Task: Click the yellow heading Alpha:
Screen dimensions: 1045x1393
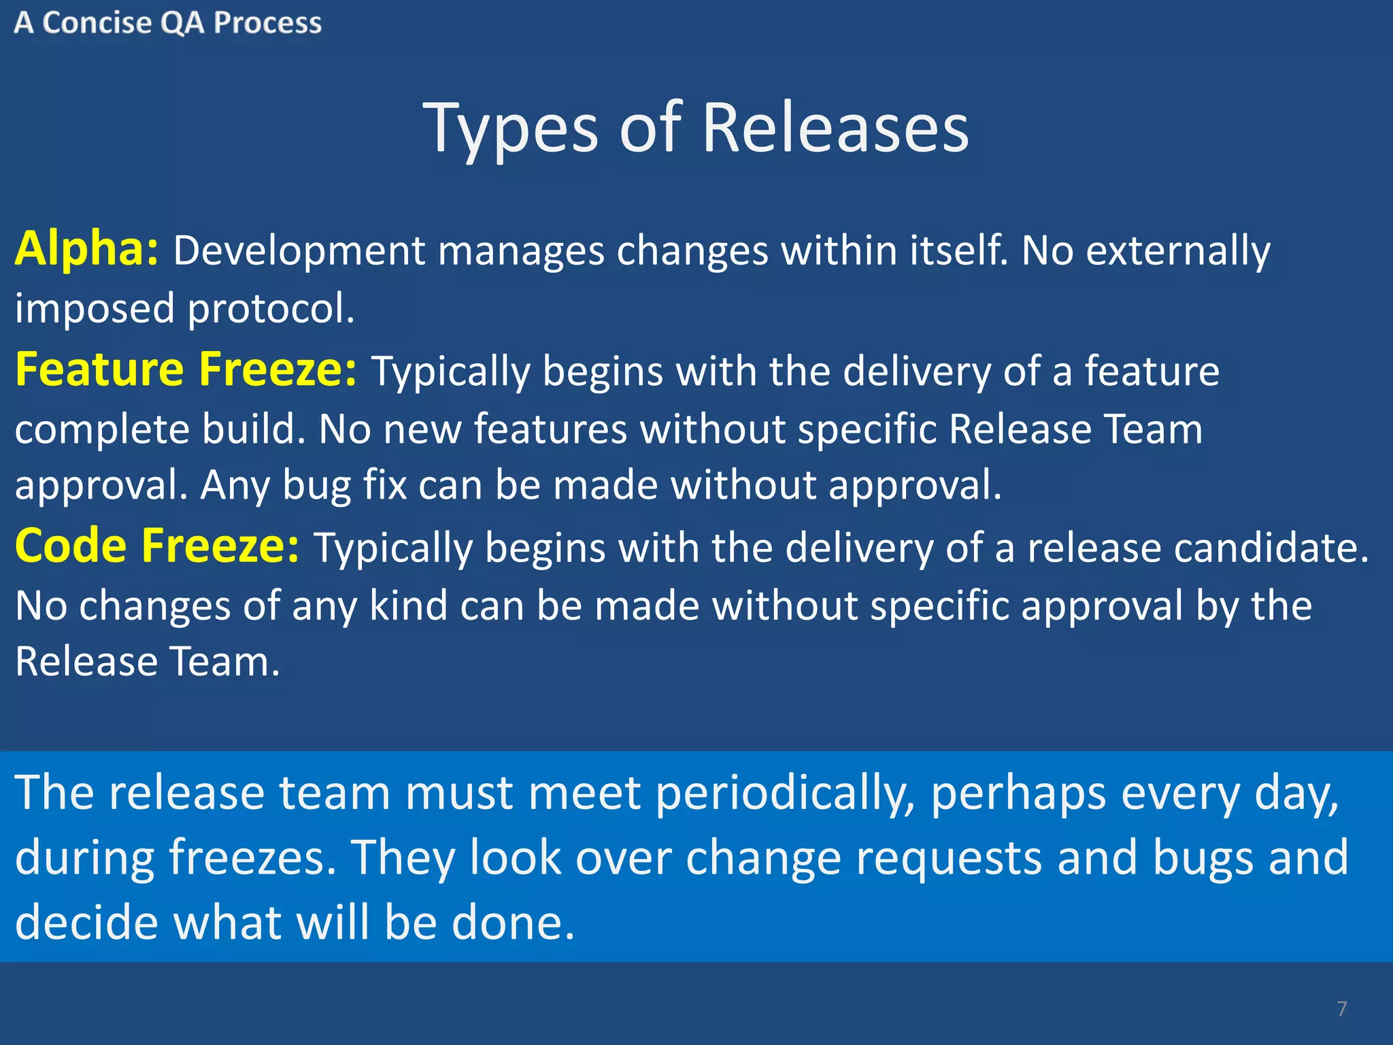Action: pos(86,249)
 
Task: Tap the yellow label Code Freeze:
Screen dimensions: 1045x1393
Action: pos(156,546)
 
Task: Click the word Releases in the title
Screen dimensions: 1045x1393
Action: pos(835,128)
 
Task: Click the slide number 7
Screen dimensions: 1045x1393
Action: pos(1341,1008)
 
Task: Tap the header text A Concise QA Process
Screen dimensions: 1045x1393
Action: pos(167,23)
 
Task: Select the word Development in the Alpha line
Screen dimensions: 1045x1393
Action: pos(299,250)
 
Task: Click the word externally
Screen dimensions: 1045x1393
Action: pos(1177,250)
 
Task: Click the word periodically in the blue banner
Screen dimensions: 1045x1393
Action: pos(785,794)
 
